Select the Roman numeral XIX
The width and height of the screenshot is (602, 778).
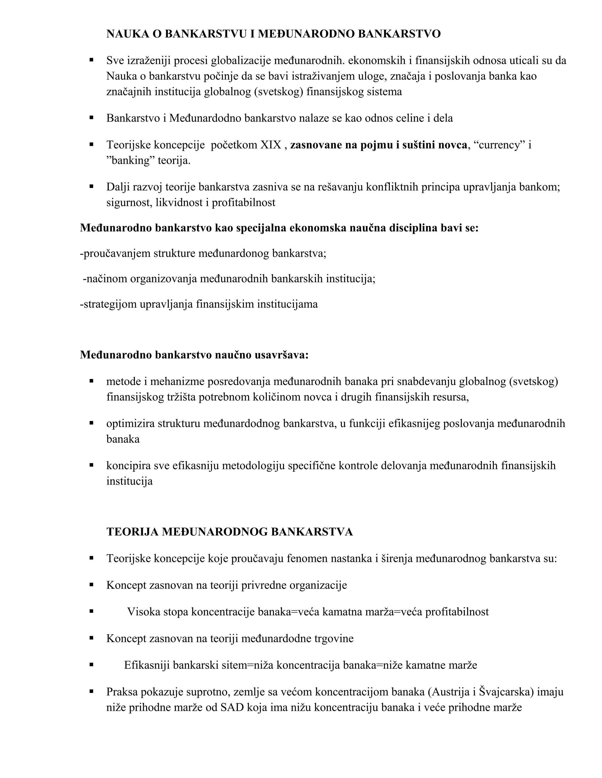click(271, 145)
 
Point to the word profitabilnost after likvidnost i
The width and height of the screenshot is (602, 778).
click(244, 203)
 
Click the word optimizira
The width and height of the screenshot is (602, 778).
click(130, 424)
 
